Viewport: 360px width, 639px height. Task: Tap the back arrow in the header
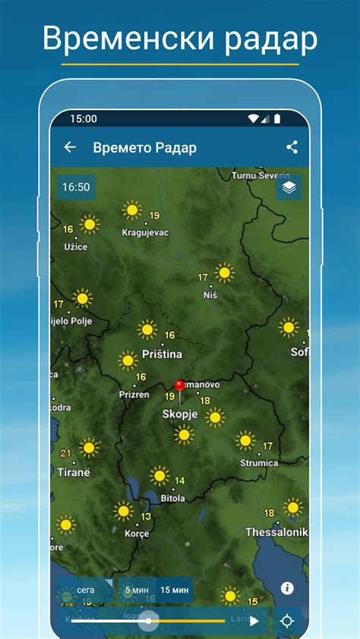click(70, 147)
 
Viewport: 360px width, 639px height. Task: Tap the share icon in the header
click(292, 147)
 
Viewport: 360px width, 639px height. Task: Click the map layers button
click(289, 187)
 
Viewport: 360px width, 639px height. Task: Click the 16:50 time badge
click(76, 187)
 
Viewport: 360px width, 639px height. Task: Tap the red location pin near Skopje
click(180, 387)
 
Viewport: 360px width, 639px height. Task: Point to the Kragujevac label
click(145, 232)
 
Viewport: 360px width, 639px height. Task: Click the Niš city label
click(210, 294)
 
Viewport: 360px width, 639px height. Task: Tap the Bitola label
click(172, 498)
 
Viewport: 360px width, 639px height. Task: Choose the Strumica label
click(259, 462)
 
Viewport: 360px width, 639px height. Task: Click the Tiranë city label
click(74, 471)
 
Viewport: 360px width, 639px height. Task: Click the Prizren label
click(134, 395)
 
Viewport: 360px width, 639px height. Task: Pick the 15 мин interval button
click(175, 590)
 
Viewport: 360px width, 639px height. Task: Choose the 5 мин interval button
click(137, 590)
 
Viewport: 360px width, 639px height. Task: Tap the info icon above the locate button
click(287, 587)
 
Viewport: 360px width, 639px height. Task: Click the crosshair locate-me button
click(287, 621)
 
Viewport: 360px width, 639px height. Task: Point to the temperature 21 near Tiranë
click(65, 454)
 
